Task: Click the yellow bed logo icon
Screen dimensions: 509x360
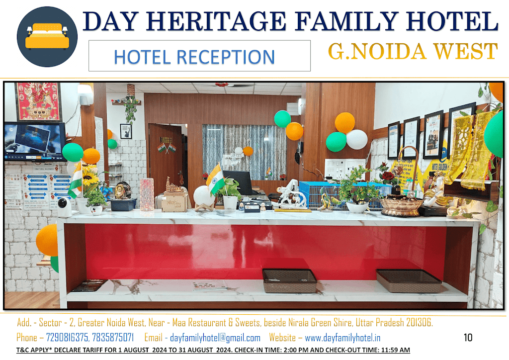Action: click(x=47, y=37)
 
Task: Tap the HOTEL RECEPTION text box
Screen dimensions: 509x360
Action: click(x=199, y=56)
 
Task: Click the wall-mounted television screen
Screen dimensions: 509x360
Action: click(x=35, y=141)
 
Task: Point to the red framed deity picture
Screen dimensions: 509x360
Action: click(x=38, y=101)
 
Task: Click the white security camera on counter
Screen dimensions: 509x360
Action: click(x=64, y=207)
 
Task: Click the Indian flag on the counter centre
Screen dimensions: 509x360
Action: click(x=215, y=179)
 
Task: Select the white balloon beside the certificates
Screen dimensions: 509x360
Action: click(x=357, y=140)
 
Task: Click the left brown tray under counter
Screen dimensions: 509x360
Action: click(x=289, y=280)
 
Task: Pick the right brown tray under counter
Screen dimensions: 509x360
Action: click(x=409, y=280)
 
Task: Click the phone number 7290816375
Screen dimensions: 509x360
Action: click(x=67, y=338)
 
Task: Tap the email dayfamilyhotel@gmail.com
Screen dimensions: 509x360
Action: click(x=215, y=338)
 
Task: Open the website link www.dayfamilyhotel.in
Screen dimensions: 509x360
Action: click(x=342, y=338)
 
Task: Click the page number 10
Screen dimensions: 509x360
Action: click(x=468, y=338)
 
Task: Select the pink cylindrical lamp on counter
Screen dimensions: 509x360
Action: click(x=147, y=195)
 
